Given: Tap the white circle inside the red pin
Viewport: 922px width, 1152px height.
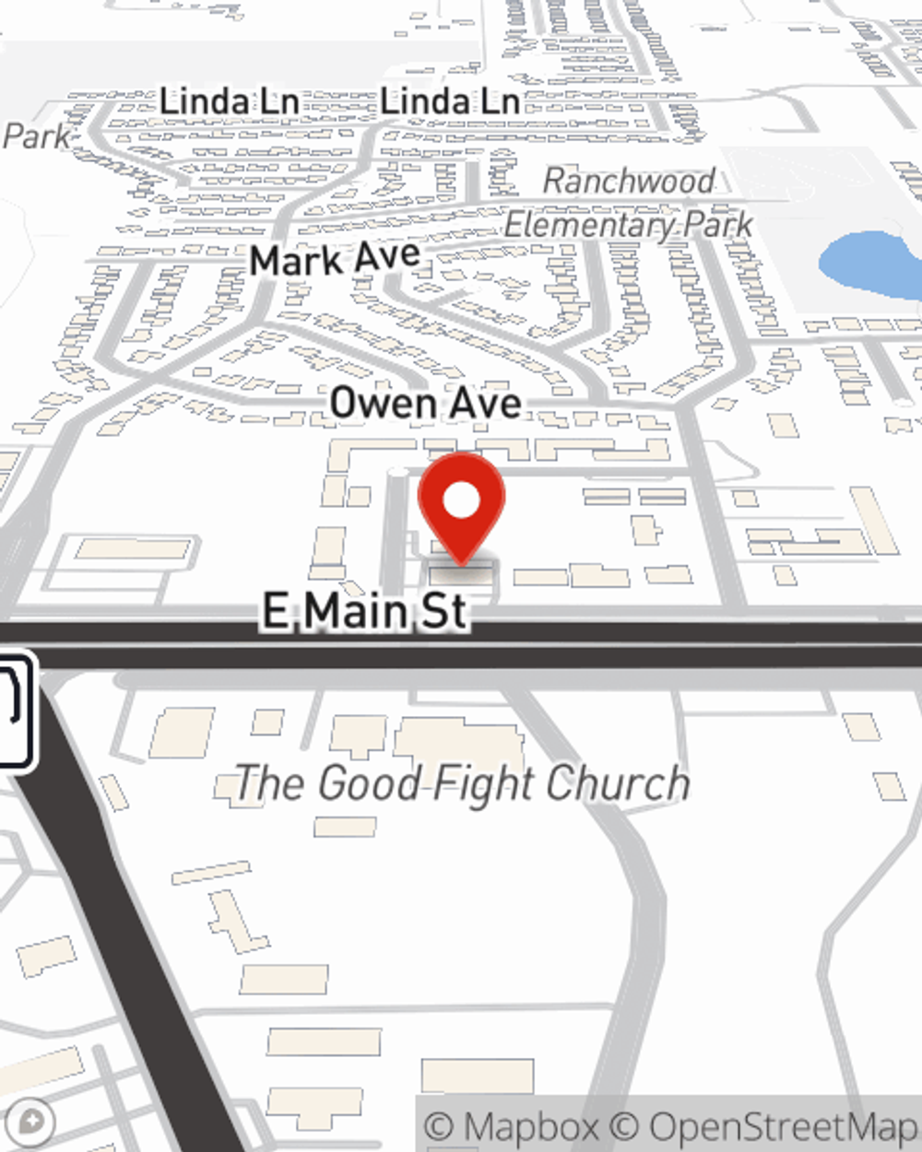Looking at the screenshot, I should pos(461,501).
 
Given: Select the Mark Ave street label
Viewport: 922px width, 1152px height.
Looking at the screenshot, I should pos(335,259).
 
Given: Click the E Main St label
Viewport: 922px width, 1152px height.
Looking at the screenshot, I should pos(365,610).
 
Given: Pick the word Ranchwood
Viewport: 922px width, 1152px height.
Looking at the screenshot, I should pos(629,181).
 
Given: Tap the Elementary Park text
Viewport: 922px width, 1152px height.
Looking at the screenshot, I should pos(629,225).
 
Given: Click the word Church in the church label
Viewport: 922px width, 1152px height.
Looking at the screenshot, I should pos(617,783).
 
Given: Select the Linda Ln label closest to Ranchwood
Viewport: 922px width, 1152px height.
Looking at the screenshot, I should pos(450,101).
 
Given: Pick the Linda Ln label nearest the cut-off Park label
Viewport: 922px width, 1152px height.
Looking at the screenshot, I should pos(229,101).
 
